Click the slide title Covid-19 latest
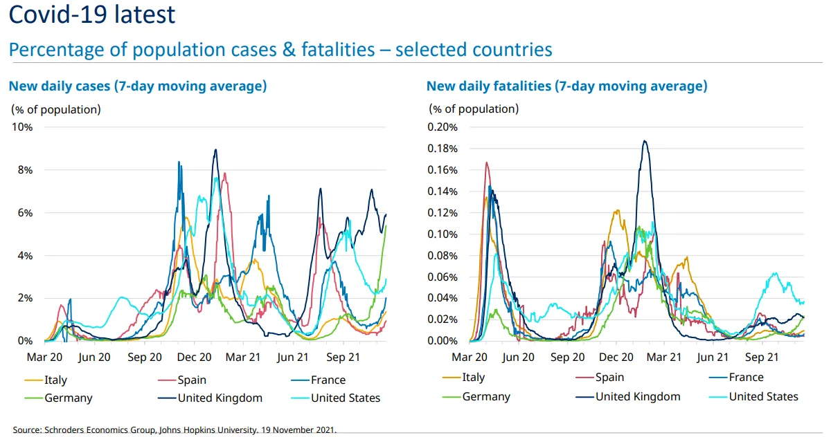[92, 14]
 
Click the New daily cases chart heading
[137, 86]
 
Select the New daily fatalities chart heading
[566, 86]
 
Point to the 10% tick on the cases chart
[22, 127]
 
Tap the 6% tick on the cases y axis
[24, 213]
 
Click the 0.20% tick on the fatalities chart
[443, 127]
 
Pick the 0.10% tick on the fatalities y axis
[443, 234]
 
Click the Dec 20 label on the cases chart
[195, 357]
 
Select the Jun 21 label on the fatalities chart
[713, 357]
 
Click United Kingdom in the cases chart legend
[220, 398]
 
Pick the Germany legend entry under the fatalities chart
[486, 396]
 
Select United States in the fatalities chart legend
[764, 396]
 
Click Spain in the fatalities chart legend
[609, 378]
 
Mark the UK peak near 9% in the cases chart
[216, 150]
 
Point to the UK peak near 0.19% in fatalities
[645, 141]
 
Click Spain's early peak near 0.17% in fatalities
[487, 163]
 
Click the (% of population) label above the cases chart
[55, 109]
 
